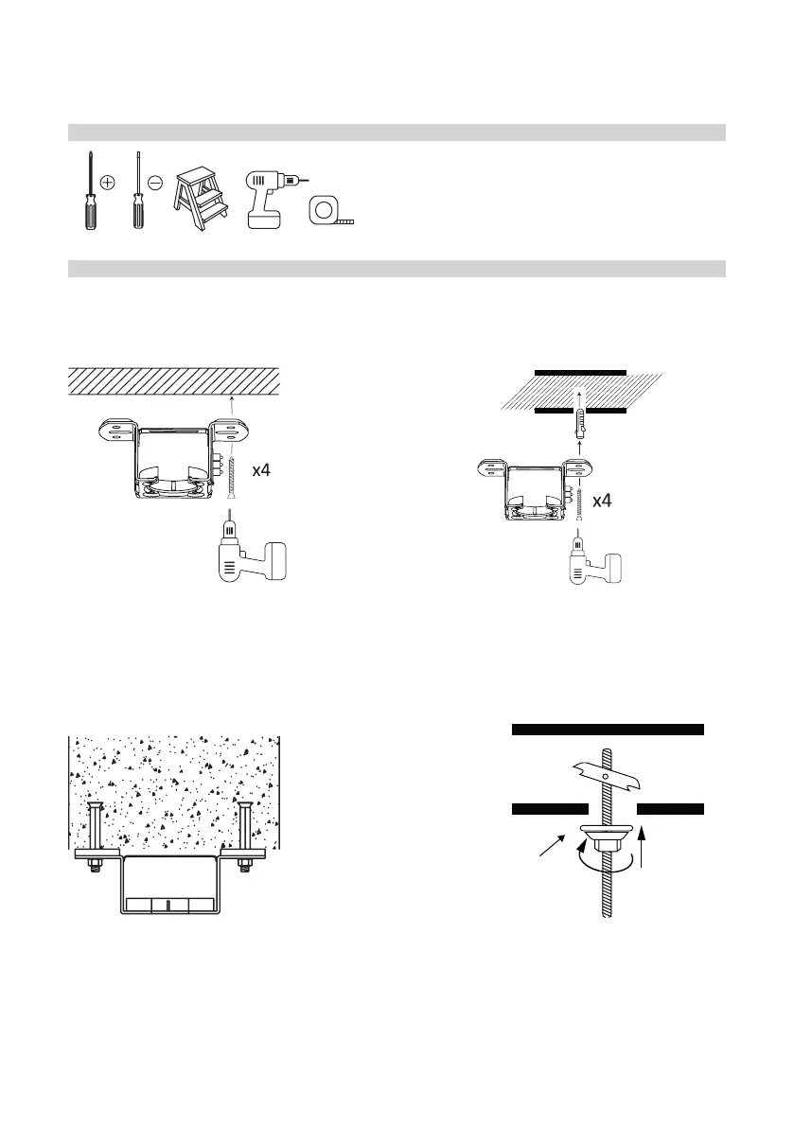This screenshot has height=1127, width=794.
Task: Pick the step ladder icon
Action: click(202, 195)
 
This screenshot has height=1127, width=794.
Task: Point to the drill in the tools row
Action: click(269, 199)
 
